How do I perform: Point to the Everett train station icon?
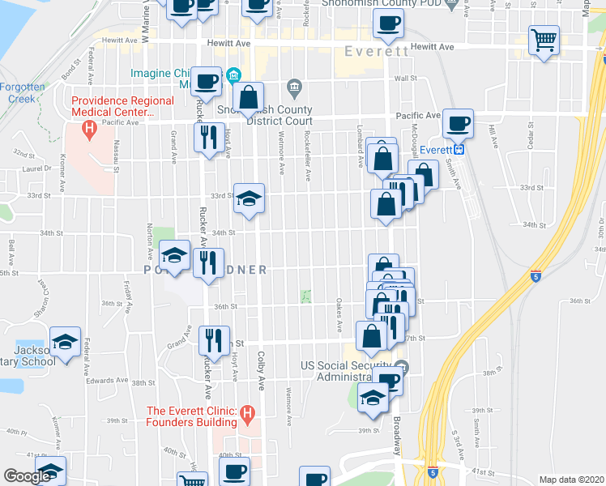[459, 149]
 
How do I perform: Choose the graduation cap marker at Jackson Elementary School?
[65, 342]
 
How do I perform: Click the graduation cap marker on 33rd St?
[249, 197]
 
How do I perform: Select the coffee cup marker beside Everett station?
[459, 123]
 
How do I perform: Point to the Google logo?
[27, 476]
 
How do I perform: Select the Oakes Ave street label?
[338, 313]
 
